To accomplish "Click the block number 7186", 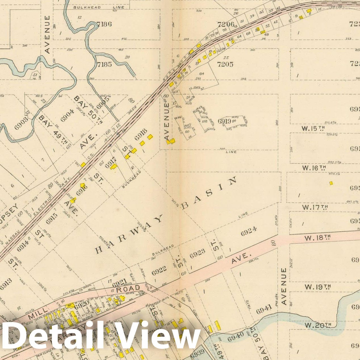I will (104, 24).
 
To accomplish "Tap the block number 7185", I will (104, 64).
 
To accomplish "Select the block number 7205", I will (225, 64).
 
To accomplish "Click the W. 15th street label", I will (313, 128).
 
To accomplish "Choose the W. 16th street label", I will (313, 168).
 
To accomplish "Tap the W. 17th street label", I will (315, 207).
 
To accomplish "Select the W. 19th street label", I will (317, 287).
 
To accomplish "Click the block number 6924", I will (249, 231).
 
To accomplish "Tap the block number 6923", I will (198, 255).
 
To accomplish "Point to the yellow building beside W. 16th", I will (331, 183).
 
